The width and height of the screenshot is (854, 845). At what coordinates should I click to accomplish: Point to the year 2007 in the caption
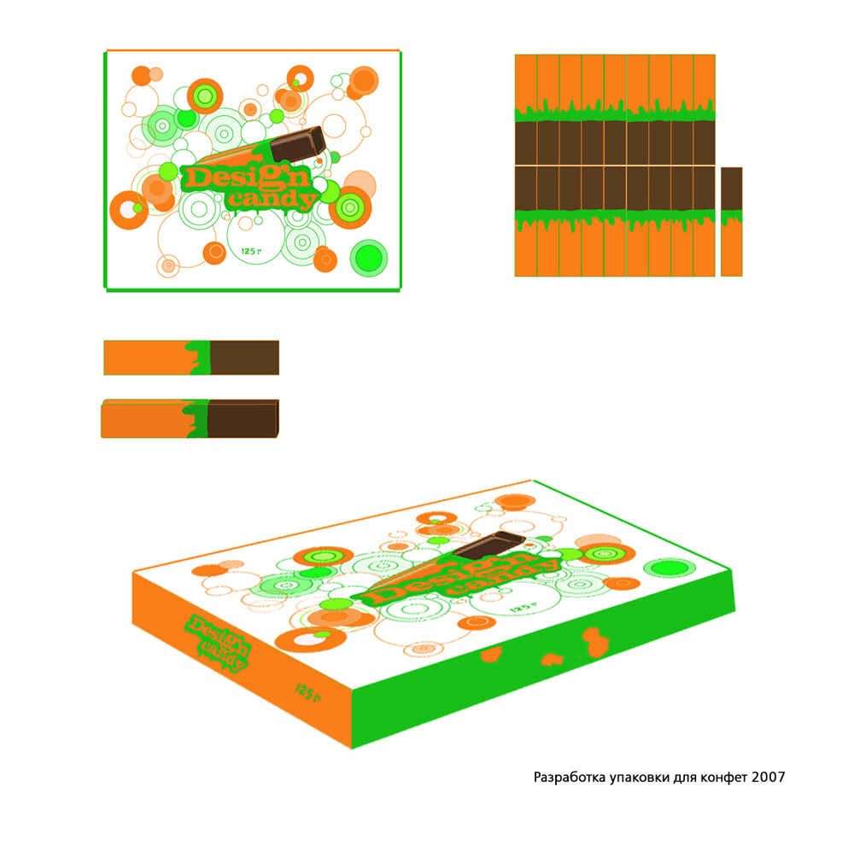click(769, 777)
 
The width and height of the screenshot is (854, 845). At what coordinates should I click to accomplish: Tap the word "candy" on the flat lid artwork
click(272, 198)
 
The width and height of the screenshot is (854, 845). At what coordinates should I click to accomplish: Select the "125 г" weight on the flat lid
click(251, 251)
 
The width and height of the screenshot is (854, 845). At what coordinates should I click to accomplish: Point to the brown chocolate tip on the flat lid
click(297, 144)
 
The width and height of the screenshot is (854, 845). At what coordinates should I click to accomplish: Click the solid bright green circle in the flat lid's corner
click(369, 258)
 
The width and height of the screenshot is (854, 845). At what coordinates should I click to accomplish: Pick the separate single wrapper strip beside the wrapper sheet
click(732, 222)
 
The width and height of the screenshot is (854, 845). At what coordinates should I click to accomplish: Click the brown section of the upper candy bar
click(244, 358)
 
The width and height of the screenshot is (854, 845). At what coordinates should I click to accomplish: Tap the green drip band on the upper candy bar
click(199, 358)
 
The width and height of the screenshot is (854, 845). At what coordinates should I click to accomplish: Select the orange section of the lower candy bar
click(143, 419)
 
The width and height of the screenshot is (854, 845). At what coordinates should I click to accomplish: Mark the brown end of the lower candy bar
click(243, 419)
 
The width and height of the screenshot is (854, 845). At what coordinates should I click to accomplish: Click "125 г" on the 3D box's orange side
click(307, 692)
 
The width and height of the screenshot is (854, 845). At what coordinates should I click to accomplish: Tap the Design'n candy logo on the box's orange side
click(219, 644)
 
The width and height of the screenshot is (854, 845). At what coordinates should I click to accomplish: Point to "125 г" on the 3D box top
click(524, 606)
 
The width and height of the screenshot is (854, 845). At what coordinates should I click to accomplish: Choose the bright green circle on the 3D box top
click(670, 568)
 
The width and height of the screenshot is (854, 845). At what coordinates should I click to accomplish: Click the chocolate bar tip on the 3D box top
click(488, 545)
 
